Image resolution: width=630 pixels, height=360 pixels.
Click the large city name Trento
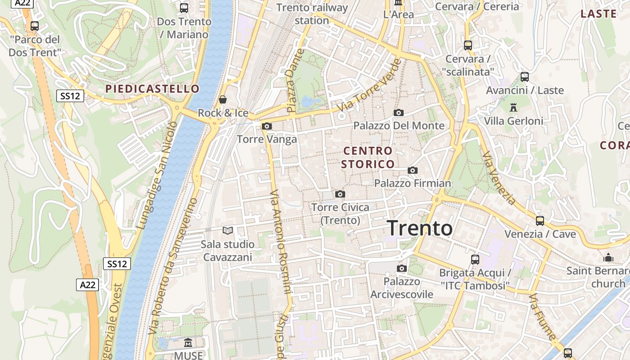click(x=419, y=228)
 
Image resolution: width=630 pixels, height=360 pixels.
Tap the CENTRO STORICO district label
click(x=368, y=157)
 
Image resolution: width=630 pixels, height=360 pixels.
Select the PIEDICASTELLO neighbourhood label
click(x=152, y=89)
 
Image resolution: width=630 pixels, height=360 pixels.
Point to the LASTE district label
click(x=598, y=13)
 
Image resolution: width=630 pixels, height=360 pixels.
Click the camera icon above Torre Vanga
click(x=267, y=126)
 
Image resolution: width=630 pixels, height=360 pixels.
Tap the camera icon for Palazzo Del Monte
click(x=398, y=112)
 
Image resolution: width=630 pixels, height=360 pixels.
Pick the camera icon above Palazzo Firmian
click(x=412, y=170)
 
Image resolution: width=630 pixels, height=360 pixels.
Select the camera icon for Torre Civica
click(x=340, y=194)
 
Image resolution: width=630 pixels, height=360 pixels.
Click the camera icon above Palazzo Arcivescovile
click(x=401, y=268)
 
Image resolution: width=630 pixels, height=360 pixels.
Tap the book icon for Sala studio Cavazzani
click(x=228, y=231)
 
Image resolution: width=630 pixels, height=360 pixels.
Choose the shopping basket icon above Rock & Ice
click(x=223, y=99)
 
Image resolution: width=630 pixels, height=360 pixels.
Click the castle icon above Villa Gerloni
click(x=513, y=107)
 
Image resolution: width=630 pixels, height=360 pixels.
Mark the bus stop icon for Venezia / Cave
click(x=540, y=220)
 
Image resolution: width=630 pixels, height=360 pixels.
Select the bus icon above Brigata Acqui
click(x=475, y=259)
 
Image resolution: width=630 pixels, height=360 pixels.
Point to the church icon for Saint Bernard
click(x=608, y=257)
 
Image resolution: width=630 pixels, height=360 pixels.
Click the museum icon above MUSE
click(x=188, y=343)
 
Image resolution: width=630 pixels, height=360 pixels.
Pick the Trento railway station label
click(x=312, y=14)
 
